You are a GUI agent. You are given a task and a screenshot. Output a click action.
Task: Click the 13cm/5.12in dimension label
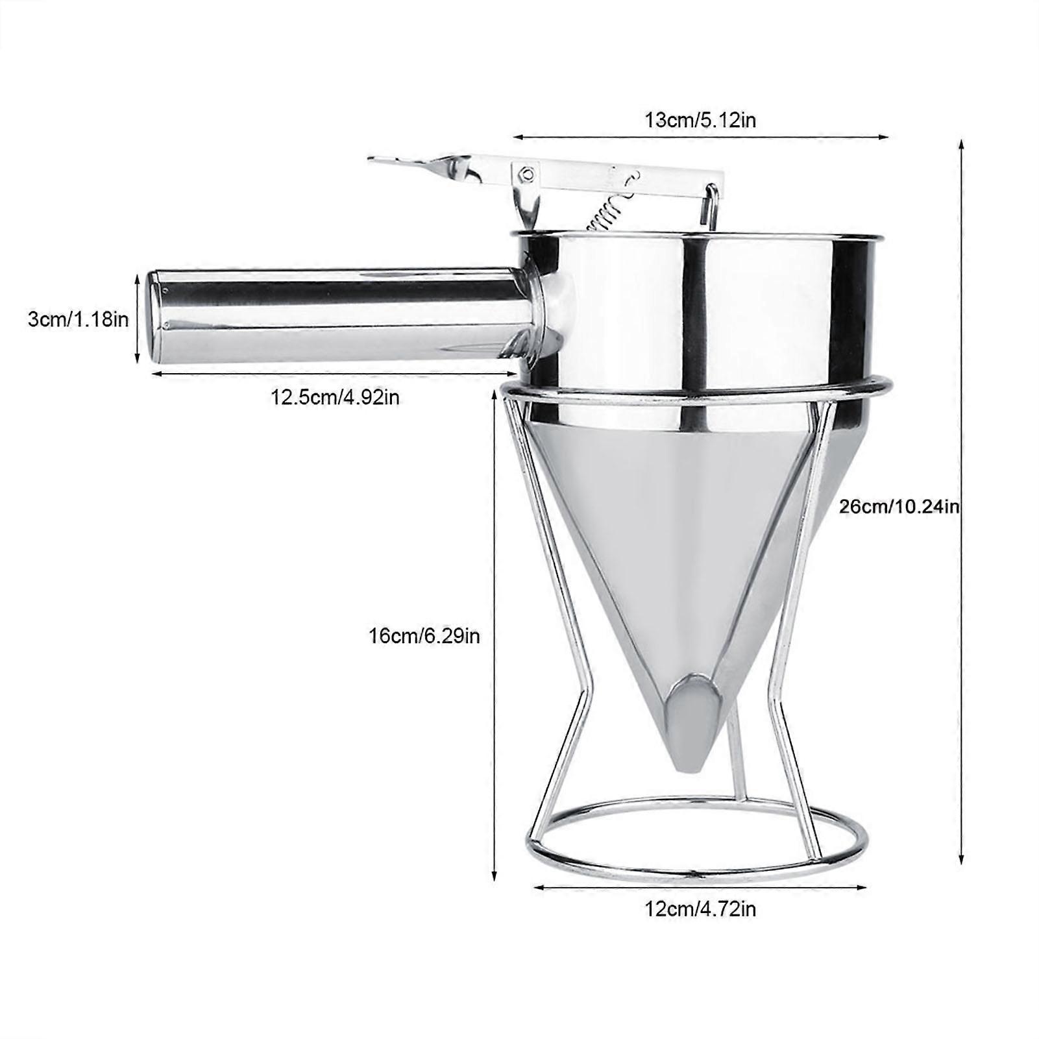click(x=700, y=120)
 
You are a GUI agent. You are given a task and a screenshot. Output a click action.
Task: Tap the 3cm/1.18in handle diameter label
click(x=78, y=320)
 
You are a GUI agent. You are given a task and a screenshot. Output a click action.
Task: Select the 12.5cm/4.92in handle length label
click(x=335, y=397)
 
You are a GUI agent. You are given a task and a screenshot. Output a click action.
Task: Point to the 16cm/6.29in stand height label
click(x=424, y=636)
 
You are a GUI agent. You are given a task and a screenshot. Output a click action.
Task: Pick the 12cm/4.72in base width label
click(x=700, y=909)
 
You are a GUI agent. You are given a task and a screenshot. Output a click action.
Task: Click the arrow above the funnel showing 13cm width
click(x=700, y=137)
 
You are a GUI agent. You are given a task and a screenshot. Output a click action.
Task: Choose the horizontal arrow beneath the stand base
click(x=700, y=887)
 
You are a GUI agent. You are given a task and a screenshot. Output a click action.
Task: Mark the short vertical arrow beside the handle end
click(x=137, y=318)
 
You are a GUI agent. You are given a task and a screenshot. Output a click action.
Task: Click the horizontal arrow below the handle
click(x=335, y=374)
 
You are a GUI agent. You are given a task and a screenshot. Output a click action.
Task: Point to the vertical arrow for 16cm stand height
click(x=495, y=636)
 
